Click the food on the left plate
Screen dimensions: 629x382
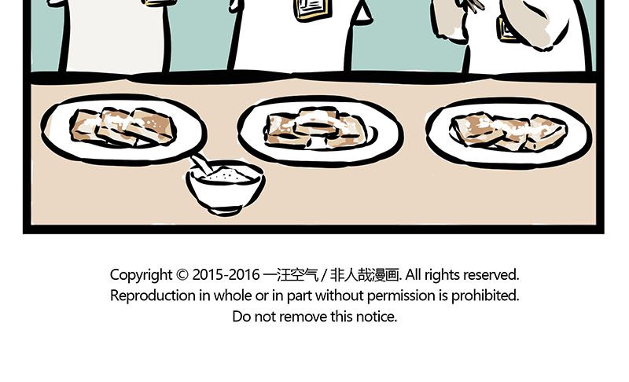[x=123, y=127]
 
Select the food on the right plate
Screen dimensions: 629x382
[x=509, y=131]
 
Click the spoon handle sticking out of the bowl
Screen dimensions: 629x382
[x=201, y=164]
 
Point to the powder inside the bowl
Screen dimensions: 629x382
[x=227, y=175]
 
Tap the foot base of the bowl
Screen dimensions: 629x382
[x=225, y=210]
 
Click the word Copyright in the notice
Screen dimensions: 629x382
[x=141, y=275]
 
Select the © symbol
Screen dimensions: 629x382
[x=182, y=275]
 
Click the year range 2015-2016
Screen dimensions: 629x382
[x=226, y=275]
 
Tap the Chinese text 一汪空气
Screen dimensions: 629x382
[x=290, y=275]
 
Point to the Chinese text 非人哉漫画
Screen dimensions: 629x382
[x=364, y=275]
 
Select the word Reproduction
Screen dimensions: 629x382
[x=153, y=296]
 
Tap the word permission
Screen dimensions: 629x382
[x=401, y=296]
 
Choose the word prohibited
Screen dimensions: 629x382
[x=485, y=296]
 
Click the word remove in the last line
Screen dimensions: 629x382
[x=303, y=317]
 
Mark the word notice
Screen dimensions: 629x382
[x=377, y=317]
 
